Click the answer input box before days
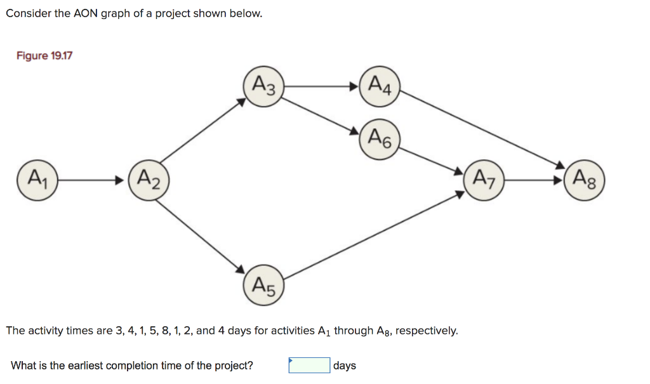pos(309,366)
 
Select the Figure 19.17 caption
pos(44,56)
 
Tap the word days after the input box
pos(345,366)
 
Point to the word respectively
pos(426,331)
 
